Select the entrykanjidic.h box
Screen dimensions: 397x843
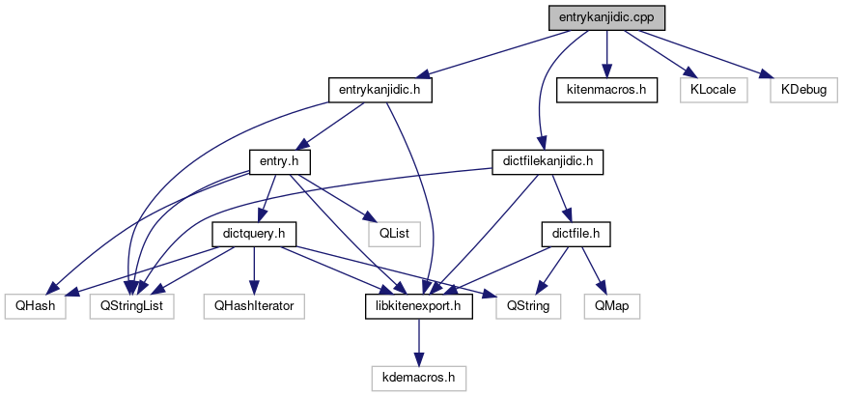[379, 90]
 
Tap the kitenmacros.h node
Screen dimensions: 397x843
[606, 90]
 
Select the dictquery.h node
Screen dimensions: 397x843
[253, 233]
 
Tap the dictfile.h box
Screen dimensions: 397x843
[576, 233]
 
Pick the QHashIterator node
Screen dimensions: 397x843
[253, 305]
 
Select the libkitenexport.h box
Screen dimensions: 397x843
[418, 305]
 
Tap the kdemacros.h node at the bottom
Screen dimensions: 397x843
[418, 377]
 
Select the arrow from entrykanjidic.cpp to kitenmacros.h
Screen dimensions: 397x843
[606, 54]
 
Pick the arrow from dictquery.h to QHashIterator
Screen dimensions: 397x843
[253, 269]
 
